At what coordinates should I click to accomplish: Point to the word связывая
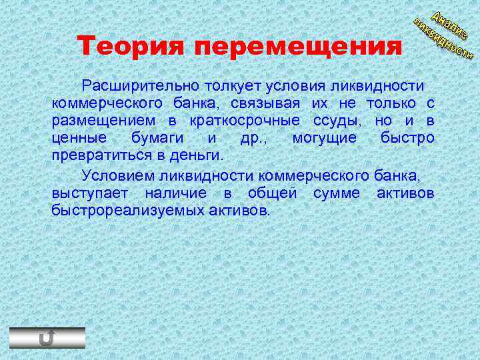(266, 103)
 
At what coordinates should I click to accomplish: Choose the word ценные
(78, 138)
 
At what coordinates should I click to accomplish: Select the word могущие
(325, 138)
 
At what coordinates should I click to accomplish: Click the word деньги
(197, 155)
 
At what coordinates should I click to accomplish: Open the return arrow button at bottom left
(47, 338)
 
